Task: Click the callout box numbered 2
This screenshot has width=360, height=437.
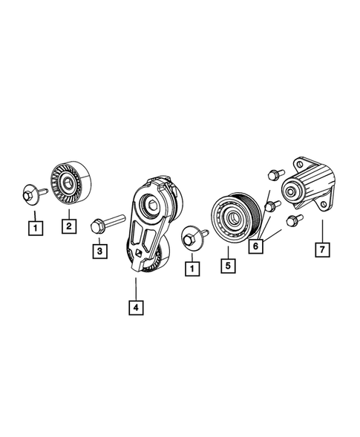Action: (x=68, y=225)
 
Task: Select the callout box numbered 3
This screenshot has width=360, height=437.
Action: (x=98, y=252)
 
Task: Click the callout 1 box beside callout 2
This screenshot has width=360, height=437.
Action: (x=33, y=225)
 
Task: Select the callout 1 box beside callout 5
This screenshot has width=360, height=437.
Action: (x=193, y=265)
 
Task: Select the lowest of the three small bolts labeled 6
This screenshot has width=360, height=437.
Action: (x=292, y=220)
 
